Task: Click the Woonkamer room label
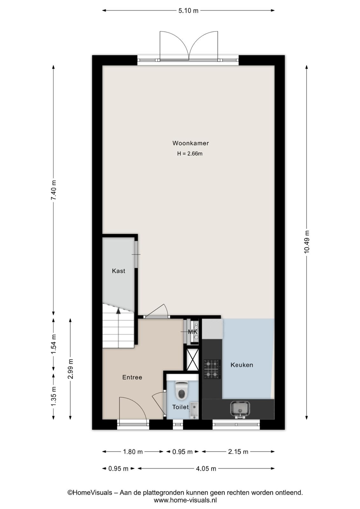pyautogui.click(x=190, y=143)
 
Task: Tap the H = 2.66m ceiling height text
pyautogui.click(x=190, y=154)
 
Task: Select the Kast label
pyautogui.click(x=119, y=271)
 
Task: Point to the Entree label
pyautogui.click(x=132, y=377)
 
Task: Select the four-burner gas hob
pyautogui.click(x=212, y=369)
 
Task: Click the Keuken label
pyautogui.click(x=242, y=365)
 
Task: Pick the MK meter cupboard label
pyautogui.click(x=193, y=332)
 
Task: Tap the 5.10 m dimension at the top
pyautogui.click(x=188, y=10)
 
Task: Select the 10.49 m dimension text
pyautogui.click(x=307, y=242)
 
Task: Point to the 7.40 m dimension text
pyautogui.click(x=53, y=190)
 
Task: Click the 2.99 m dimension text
pyautogui.click(x=70, y=369)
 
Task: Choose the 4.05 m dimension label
pyautogui.click(x=206, y=469)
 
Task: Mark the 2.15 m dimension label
pyautogui.click(x=238, y=452)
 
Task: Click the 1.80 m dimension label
pyautogui.click(x=133, y=452)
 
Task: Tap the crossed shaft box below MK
pyautogui.click(x=193, y=359)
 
